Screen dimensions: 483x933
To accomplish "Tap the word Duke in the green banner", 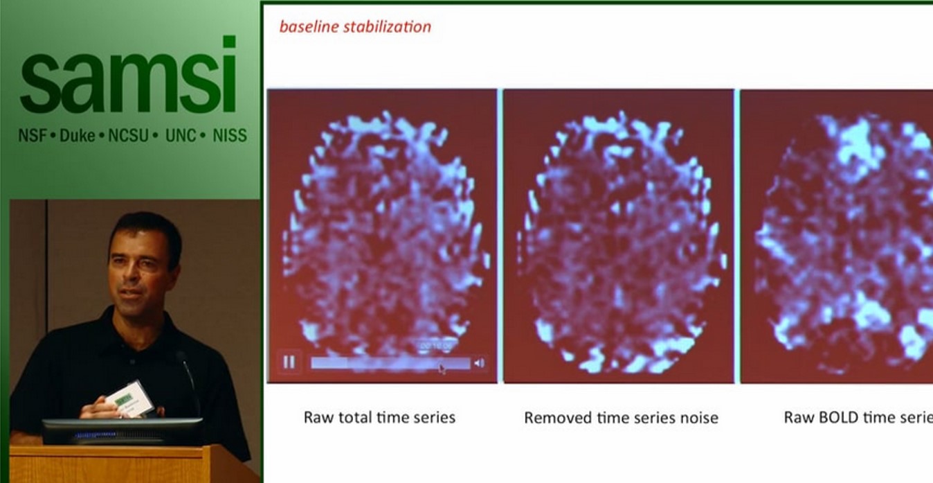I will coord(78,136).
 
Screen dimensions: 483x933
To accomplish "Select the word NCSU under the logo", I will coord(129,136).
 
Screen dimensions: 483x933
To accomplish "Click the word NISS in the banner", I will coord(230,136).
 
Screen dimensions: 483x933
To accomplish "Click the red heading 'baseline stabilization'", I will coord(355,27).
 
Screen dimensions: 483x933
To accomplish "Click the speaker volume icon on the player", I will coord(479,362).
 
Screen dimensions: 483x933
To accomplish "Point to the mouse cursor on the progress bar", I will coord(442,368).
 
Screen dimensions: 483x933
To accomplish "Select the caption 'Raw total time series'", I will coord(379,417).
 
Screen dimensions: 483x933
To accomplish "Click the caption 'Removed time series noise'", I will coord(621,418).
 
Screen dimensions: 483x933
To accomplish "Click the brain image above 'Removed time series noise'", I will coord(619,236).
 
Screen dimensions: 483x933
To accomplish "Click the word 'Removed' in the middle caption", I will coord(554,418).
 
